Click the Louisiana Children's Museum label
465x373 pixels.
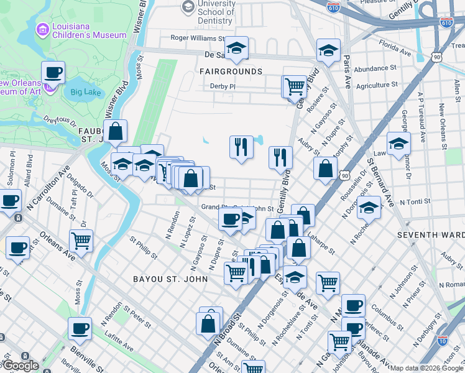click(87, 31)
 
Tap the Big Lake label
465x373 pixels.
click(85, 92)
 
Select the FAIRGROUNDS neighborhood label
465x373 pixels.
click(231, 71)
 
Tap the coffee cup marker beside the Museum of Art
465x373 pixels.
click(53, 73)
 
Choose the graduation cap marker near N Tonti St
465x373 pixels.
click(369, 208)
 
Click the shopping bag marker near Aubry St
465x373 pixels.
click(325, 167)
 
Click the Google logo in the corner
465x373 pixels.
click(21, 366)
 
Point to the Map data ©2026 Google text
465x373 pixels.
click(426, 368)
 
